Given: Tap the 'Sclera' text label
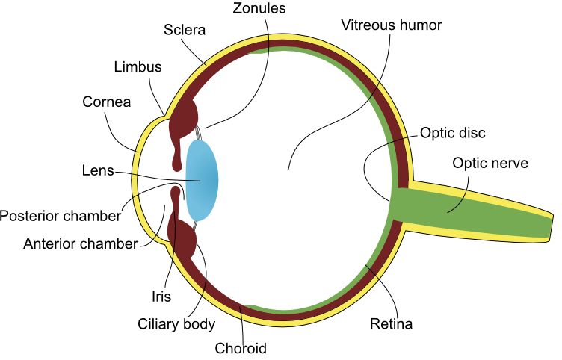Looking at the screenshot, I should click(x=184, y=31).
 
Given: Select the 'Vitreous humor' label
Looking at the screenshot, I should click(x=392, y=25).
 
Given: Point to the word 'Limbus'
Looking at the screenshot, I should click(x=138, y=67).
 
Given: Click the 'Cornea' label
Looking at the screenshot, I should click(x=107, y=102).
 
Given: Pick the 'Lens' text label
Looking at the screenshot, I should click(x=97, y=170).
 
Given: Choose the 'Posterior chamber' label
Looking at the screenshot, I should click(x=61, y=217).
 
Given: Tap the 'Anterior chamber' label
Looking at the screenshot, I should click(x=80, y=243).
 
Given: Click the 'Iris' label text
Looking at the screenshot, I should click(x=161, y=297).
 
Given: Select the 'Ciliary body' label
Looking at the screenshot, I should click(x=176, y=324).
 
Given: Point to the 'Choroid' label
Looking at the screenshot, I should click(x=240, y=348).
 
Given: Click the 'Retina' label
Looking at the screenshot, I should click(x=391, y=324).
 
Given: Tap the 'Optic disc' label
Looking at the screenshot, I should click(x=453, y=133).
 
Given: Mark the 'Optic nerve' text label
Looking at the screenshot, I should click(x=490, y=163).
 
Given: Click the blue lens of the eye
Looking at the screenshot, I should click(x=202, y=181).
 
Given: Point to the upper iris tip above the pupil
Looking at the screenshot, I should click(x=177, y=159).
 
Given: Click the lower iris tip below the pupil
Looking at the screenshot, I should click(x=176, y=196).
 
